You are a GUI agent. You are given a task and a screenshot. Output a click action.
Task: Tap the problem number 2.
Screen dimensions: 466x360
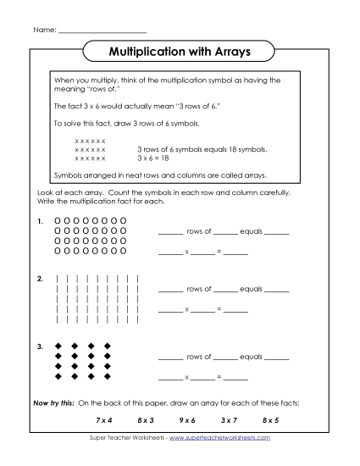click(x=39, y=278)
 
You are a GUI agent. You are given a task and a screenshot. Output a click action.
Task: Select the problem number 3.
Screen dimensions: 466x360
click(x=39, y=346)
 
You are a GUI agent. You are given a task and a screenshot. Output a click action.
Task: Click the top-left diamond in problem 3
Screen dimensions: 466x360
click(x=58, y=346)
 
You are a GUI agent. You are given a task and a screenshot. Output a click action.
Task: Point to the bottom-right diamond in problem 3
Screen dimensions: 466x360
click(x=108, y=375)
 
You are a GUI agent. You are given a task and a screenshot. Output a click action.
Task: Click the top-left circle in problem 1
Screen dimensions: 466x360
click(x=58, y=220)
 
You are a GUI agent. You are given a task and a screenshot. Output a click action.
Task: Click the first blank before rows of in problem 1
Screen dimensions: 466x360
click(x=170, y=232)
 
